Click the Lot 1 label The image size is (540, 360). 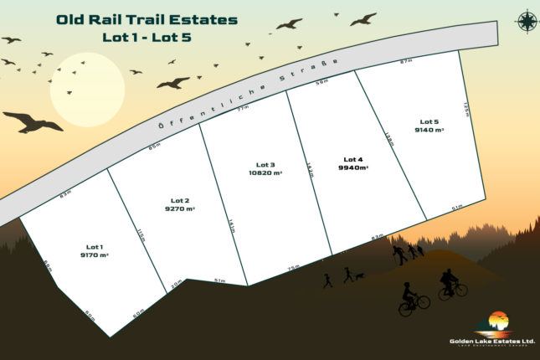(x=95, y=247)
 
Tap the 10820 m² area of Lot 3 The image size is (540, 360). (x=265, y=172)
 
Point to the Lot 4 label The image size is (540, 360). (x=353, y=158)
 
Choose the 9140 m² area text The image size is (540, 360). (x=429, y=131)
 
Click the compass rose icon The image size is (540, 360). (x=527, y=21)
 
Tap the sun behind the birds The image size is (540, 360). (x=87, y=90)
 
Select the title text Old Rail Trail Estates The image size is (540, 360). (x=147, y=19)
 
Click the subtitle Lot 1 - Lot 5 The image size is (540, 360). (x=147, y=38)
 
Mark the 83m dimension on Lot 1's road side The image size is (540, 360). (x=64, y=194)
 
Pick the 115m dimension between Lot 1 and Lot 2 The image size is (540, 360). (x=142, y=237)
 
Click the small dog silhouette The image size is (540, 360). (x=359, y=275)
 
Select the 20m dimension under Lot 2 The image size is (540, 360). (x=176, y=283)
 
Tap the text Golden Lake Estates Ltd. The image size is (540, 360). (x=491, y=342)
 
